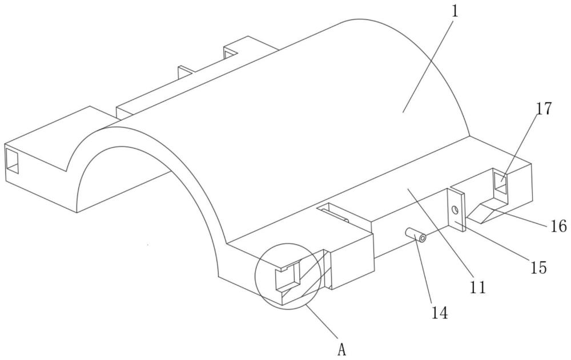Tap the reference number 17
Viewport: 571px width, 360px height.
[x=544, y=109]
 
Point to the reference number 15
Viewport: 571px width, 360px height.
[x=538, y=268]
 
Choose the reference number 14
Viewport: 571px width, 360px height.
[x=440, y=312]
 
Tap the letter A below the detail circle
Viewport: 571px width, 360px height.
[x=341, y=350]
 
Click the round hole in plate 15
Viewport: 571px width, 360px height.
[x=455, y=209]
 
